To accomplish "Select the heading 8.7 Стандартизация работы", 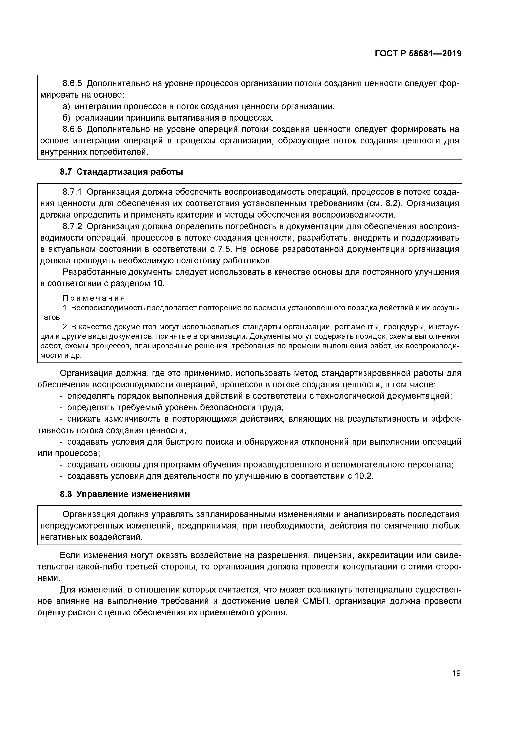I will coord(121,172).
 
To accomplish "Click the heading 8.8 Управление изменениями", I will coord(125,494).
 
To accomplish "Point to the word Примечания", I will coord(94,298).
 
